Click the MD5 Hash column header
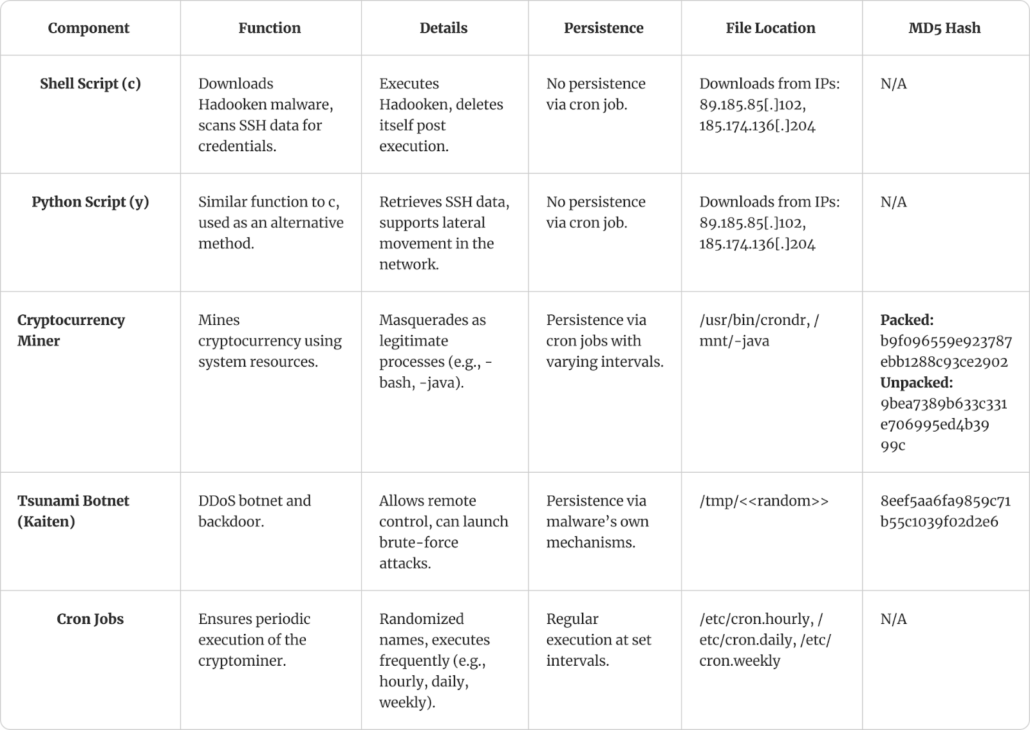[944, 28]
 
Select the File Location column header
[770, 28]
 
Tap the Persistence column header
[603, 28]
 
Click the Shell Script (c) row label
[90, 84]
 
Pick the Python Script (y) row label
[90, 202]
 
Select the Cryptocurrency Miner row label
[71, 331]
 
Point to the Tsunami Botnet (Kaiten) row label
[73, 511]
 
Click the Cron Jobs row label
[90, 619]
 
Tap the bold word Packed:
[906, 320]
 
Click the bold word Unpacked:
[916, 382]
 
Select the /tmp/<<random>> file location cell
[764, 501]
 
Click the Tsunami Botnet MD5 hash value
[945, 511]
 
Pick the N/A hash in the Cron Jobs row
[894, 619]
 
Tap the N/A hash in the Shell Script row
[894, 84]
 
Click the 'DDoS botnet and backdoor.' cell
[254, 511]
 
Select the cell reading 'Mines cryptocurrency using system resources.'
[270, 341]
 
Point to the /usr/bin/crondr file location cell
[759, 331]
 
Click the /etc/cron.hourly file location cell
[765, 639]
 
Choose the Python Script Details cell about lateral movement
[444, 233]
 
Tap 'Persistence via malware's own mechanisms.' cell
[597, 522]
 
